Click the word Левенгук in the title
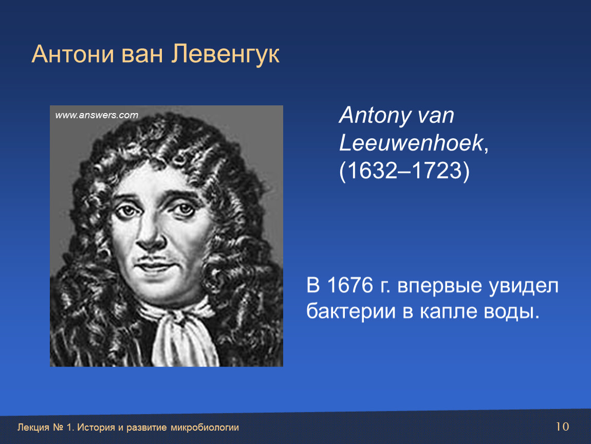click(226, 54)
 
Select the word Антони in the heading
click(73, 54)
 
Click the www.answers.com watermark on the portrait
click(97, 115)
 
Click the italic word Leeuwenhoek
click(411, 143)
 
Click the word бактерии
click(351, 312)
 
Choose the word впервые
click(439, 286)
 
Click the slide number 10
click(562, 427)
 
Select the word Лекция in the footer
click(33, 428)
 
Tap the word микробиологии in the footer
click(205, 428)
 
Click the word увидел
click(524, 286)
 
